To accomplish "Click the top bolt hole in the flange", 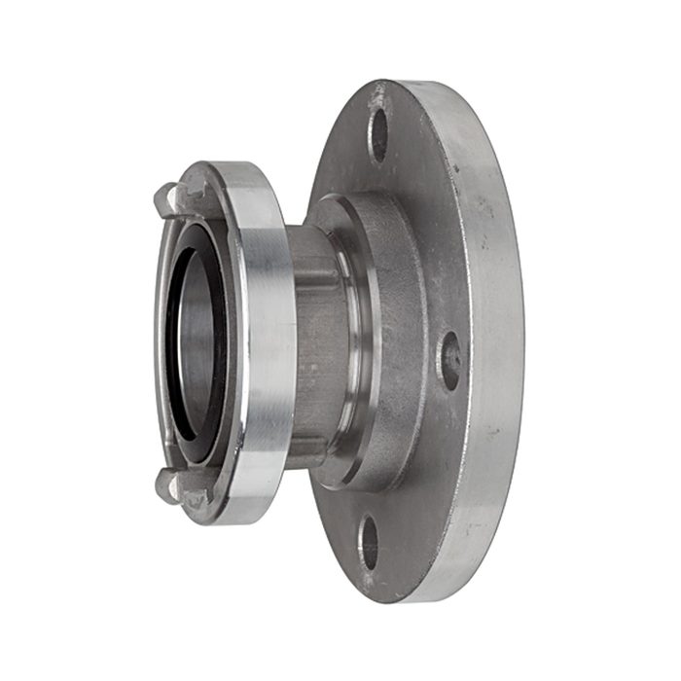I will coord(379,135).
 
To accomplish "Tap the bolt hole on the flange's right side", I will coord(449,360).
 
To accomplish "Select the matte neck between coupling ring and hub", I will coord(311,340).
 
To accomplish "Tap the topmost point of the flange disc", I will coord(409,80).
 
